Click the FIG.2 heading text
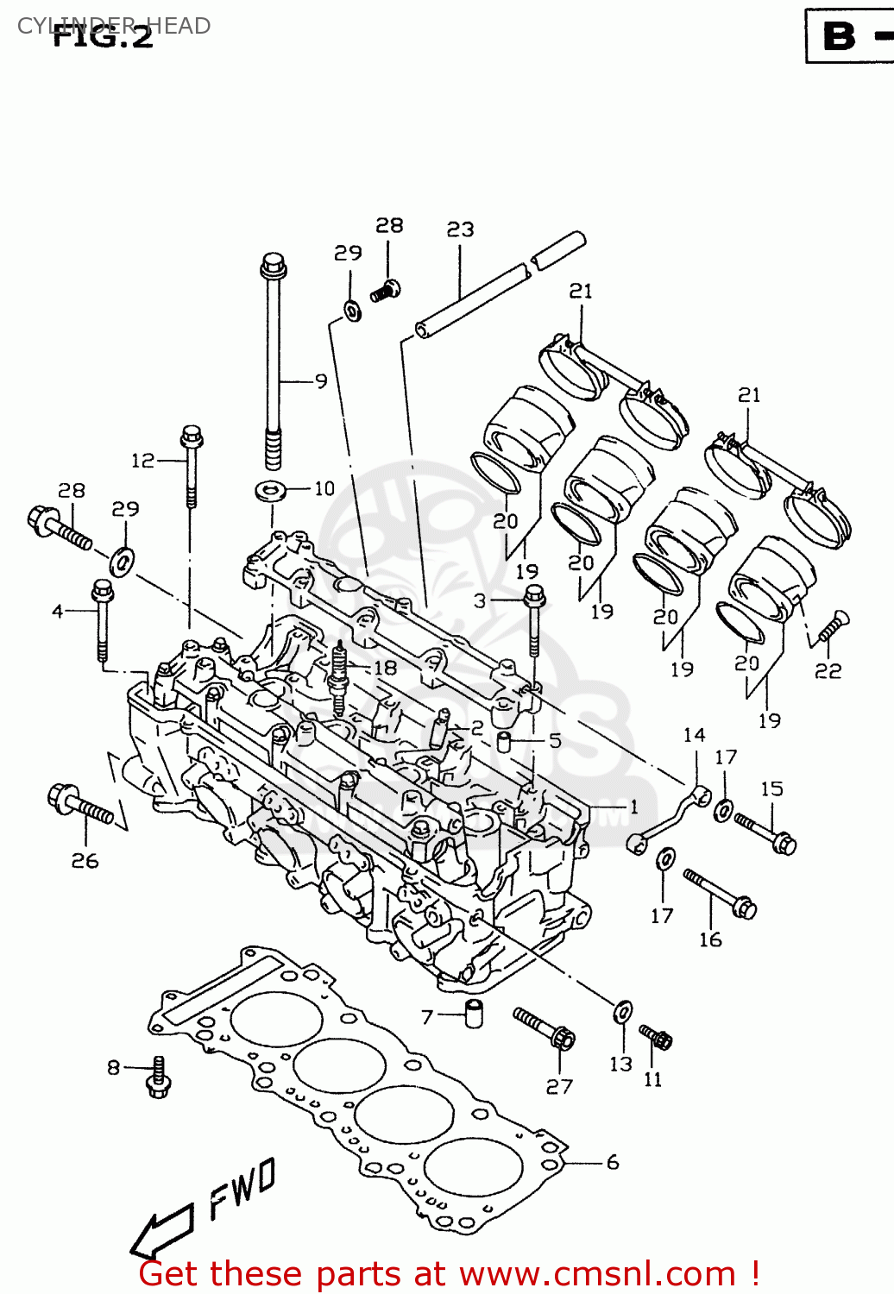pos(103,36)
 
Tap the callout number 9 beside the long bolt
pos(321,380)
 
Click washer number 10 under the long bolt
pos(271,492)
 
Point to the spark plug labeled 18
pos(338,676)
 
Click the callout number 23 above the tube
pos(460,229)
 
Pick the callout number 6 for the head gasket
pos(613,1162)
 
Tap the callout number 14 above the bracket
pos(694,735)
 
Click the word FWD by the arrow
pos(242,1188)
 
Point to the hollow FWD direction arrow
pos(161,1231)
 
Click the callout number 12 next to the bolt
pos(142,461)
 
